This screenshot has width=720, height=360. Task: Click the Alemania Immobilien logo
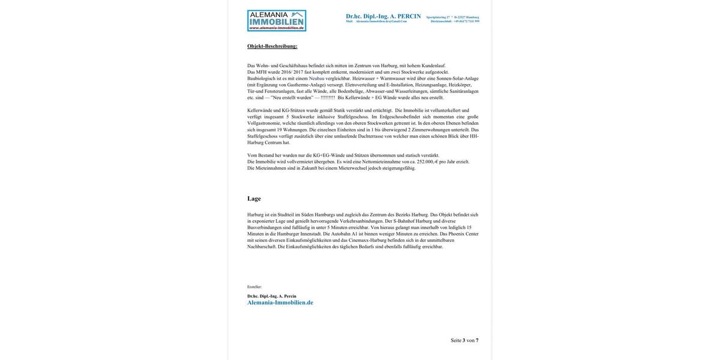(277, 20)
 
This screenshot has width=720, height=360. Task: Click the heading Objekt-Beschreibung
(272, 46)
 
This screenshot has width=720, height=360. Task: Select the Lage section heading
(254, 199)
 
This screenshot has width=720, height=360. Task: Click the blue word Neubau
(317, 79)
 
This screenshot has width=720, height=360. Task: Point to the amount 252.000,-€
(427, 162)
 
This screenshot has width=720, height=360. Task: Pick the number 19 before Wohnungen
(279, 130)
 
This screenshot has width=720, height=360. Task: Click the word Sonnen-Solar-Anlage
(458, 79)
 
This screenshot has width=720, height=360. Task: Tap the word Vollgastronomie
(264, 123)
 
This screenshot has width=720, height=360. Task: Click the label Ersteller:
(254, 287)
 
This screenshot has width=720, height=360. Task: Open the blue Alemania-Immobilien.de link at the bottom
(280, 303)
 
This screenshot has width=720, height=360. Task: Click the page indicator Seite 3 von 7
(464, 341)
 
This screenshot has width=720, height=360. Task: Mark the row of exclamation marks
(328, 98)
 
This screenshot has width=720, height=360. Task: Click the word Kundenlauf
(433, 65)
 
